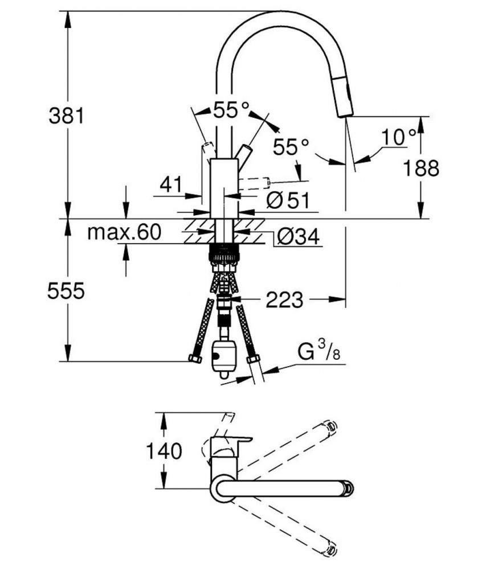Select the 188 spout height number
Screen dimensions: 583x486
[x=421, y=168]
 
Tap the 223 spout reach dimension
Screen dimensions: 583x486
[x=285, y=299]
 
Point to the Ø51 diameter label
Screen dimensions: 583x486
[x=287, y=200]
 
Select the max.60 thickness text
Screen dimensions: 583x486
[x=124, y=232]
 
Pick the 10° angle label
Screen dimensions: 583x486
[x=399, y=137]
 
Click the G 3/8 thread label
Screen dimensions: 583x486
[x=320, y=354]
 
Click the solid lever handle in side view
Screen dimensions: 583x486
[x=244, y=155]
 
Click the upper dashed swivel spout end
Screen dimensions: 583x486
[x=329, y=426]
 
